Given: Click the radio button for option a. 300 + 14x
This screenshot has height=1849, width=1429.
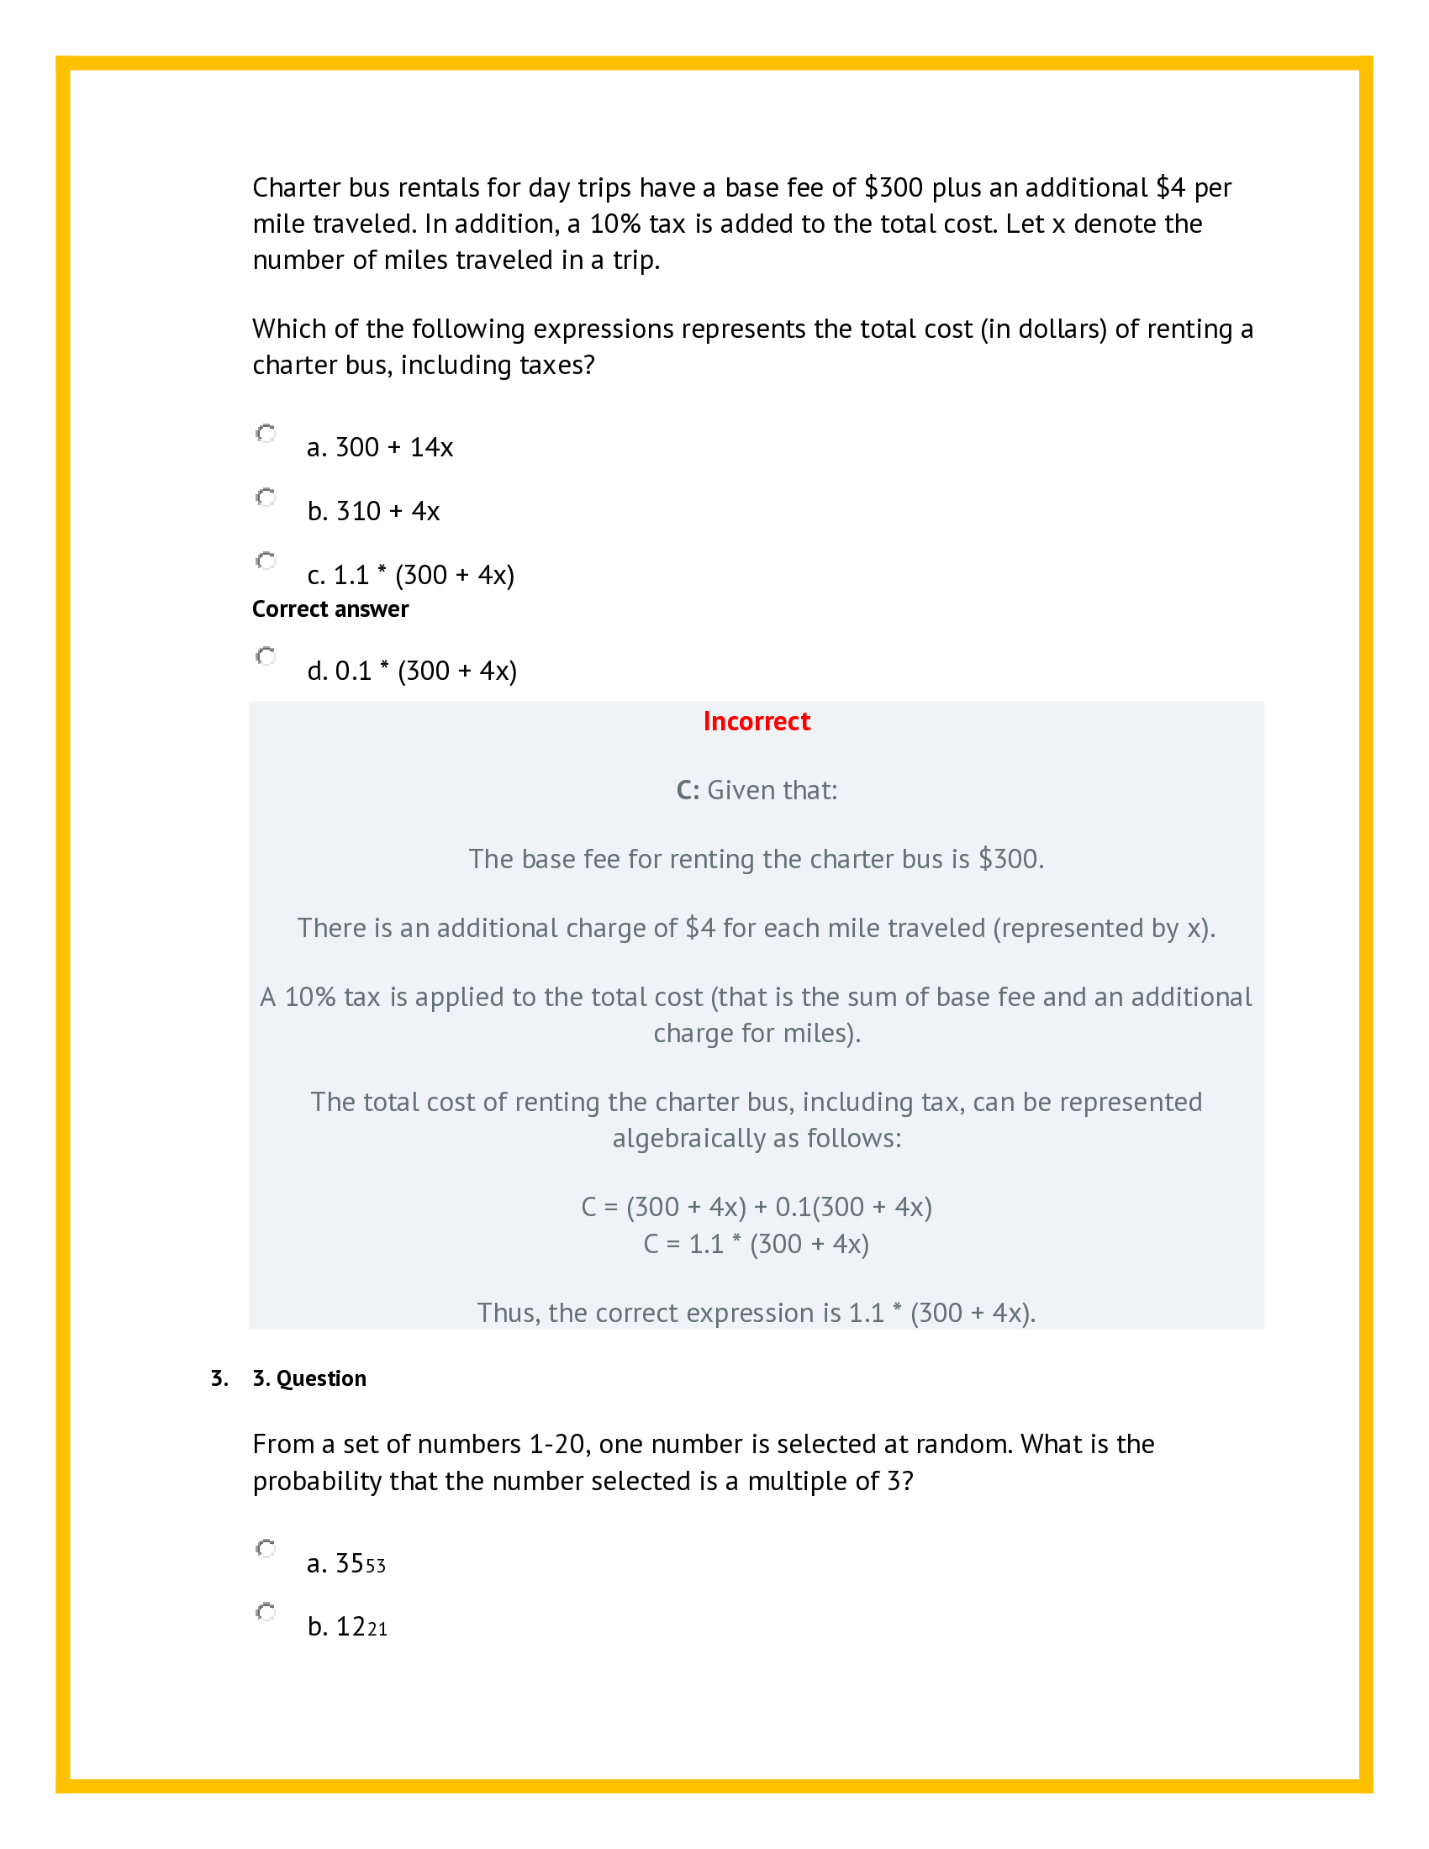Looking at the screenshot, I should (x=266, y=434).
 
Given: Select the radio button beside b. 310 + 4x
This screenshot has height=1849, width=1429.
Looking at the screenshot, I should (x=266, y=497).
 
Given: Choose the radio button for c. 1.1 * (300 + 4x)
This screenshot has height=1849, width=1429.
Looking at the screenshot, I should (x=266, y=561).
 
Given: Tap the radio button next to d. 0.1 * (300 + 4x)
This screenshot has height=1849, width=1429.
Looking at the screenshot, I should (x=266, y=656).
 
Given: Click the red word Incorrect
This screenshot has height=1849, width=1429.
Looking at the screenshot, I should (x=756, y=721).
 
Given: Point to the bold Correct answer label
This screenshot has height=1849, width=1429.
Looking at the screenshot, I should (x=330, y=609).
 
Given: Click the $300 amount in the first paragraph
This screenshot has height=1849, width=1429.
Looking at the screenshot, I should (x=894, y=187).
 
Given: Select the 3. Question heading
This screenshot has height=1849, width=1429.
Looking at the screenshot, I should (x=309, y=1378).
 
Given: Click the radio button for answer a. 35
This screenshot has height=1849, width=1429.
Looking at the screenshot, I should (x=266, y=1548).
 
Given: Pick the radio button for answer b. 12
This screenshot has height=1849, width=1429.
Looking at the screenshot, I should (x=266, y=1612).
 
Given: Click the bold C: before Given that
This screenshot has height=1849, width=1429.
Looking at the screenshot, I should (x=688, y=790).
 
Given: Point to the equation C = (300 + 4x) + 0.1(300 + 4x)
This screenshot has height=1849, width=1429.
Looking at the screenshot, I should (x=756, y=1206).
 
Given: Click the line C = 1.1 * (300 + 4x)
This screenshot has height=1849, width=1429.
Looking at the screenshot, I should (x=756, y=1244).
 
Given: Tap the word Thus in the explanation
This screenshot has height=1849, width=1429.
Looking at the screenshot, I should (x=508, y=1312).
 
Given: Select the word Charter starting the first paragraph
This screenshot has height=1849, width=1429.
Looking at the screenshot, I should (x=296, y=187).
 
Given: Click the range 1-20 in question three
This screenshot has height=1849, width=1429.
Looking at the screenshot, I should (x=559, y=1443).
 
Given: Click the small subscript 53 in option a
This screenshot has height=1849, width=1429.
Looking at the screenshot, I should (x=376, y=1567).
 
